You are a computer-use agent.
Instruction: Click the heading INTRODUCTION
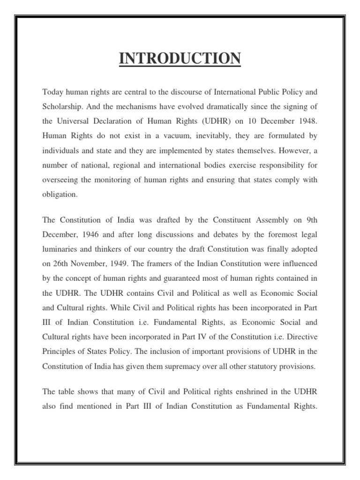pyautogui.click(x=180, y=60)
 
